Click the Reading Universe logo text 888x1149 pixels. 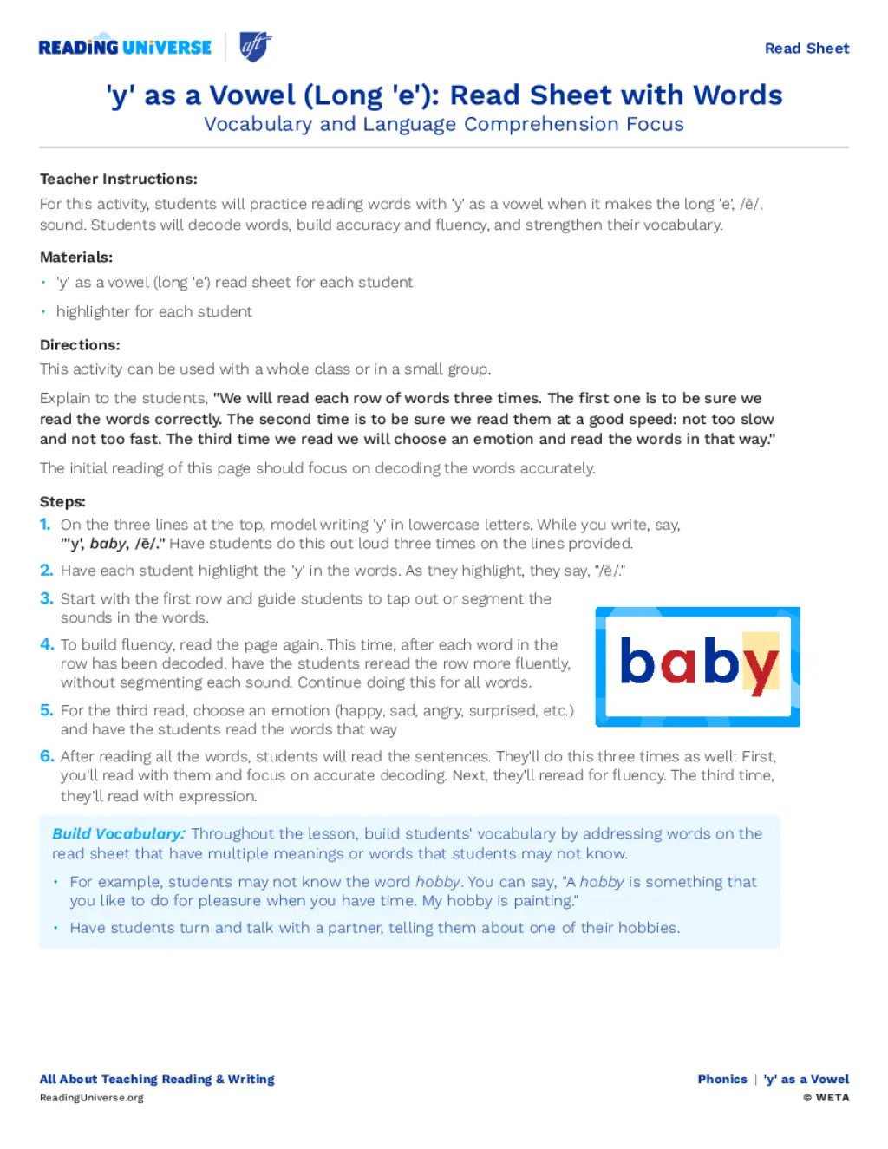125,48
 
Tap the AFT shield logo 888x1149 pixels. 256,47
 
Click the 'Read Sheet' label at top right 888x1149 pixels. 806,49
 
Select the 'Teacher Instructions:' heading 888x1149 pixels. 119,179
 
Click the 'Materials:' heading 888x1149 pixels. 76,257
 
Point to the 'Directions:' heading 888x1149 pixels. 80,344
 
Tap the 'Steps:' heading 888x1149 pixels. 62,501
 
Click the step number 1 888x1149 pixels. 45,525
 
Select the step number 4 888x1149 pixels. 47,644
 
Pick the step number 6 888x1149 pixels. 47,756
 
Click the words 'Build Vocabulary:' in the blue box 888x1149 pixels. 119,833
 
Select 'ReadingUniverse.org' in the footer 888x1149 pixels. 92,1098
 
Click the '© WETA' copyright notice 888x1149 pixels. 826,1098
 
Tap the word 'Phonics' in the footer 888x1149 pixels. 722,1079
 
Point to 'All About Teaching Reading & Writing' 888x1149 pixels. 157,1079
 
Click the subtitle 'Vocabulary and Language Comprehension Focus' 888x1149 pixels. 444,124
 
